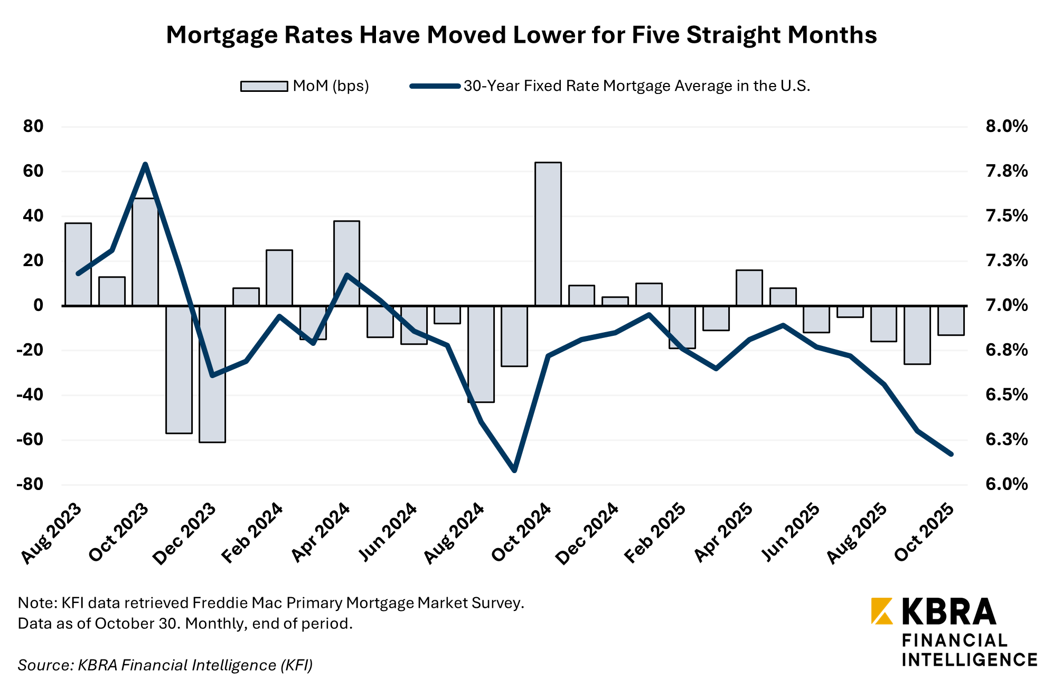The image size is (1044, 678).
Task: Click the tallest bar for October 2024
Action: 548,234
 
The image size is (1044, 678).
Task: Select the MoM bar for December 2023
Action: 212,374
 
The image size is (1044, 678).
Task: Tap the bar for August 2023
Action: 78,264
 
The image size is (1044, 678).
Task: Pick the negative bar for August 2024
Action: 481,354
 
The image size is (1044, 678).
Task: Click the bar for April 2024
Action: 346,263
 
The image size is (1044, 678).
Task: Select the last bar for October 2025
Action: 951,320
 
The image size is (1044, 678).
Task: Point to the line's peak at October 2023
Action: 145,164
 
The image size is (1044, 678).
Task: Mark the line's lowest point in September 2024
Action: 514,470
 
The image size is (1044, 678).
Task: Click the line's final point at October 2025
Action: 951,454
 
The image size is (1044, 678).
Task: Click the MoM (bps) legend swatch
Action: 264,86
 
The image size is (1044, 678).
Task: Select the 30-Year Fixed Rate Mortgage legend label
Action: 636,86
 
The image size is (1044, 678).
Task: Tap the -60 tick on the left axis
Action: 30,439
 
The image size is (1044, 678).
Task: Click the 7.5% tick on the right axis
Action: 1006,216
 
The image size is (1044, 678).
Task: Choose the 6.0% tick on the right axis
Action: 1006,484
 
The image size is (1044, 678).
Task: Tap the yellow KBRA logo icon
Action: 881,611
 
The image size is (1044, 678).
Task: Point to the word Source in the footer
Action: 44,665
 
